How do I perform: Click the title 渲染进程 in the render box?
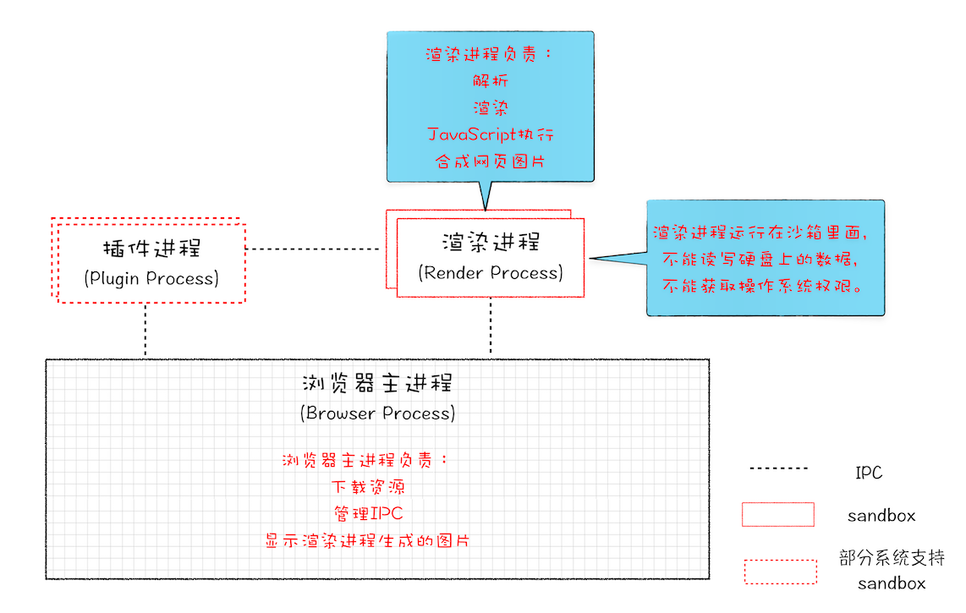(x=491, y=243)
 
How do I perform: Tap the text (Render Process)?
(x=491, y=272)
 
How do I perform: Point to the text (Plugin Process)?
(x=151, y=278)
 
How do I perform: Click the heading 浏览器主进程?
(x=377, y=384)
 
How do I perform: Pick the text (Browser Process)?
(x=377, y=413)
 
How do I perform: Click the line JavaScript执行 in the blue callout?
(x=491, y=134)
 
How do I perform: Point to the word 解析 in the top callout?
(x=491, y=81)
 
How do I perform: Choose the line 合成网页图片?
(x=491, y=161)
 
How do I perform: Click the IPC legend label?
(x=869, y=473)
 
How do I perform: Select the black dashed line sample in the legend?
(x=778, y=468)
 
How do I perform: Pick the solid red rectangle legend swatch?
(x=778, y=515)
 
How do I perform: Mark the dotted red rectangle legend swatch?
(x=780, y=572)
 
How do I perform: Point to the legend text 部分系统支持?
(x=892, y=558)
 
